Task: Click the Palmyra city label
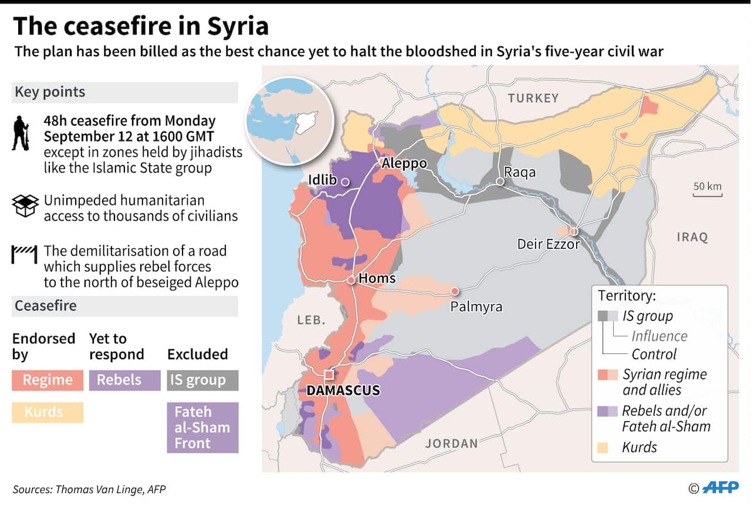(x=476, y=306)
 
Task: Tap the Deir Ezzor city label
(x=548, y=244)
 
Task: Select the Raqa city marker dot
(x=500, y=182)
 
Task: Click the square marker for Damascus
(x=329, y=375)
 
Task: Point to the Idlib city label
(x=323, y=180)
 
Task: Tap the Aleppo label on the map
(x=404, y=163)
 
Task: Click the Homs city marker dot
(x=351, y=280)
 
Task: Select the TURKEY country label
(x=533, y=98)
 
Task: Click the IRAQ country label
(x=692, y=237)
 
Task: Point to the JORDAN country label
(x=451, y=443)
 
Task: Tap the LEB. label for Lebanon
(x=311, y=320)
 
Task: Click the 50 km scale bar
(x=707, y=191)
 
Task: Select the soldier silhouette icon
(x=20, y=133)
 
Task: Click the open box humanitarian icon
(x=25, y=205)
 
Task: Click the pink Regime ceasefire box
(x=48, y=380)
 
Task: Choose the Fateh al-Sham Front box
(x=202, y=427)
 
